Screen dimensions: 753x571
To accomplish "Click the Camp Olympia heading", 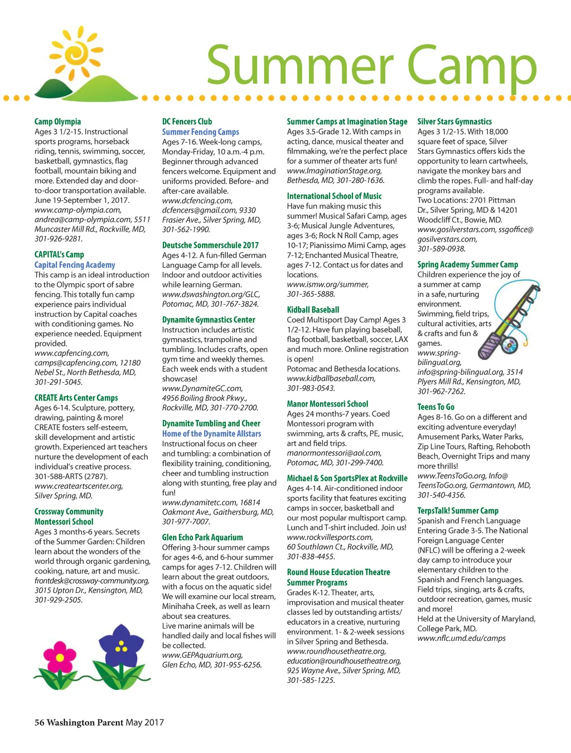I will (x=57, y=122).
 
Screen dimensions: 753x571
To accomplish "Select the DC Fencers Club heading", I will (x=187, y=122).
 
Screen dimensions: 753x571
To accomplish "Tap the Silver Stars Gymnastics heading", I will (x=454, y=122).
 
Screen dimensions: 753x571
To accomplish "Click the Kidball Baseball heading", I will (x=313, y=310).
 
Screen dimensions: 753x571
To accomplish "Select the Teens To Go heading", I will (x=435, y=407).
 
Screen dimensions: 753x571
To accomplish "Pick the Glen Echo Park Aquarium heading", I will (x=202, y=538).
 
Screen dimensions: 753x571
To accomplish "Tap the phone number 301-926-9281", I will (x=59, y=239).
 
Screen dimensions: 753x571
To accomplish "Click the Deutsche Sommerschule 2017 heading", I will (x=210, y=245).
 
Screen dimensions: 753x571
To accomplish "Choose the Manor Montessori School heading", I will (x=327, y=404).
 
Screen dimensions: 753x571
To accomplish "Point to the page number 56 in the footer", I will (x=39, y=722).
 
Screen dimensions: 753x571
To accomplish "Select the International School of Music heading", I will (x=334, y=196).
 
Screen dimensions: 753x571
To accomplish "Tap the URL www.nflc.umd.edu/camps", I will (x=461, y=638).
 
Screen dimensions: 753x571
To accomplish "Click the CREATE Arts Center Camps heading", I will (x=76, y=398).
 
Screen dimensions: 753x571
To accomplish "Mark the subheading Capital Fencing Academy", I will (x=75, y=265).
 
